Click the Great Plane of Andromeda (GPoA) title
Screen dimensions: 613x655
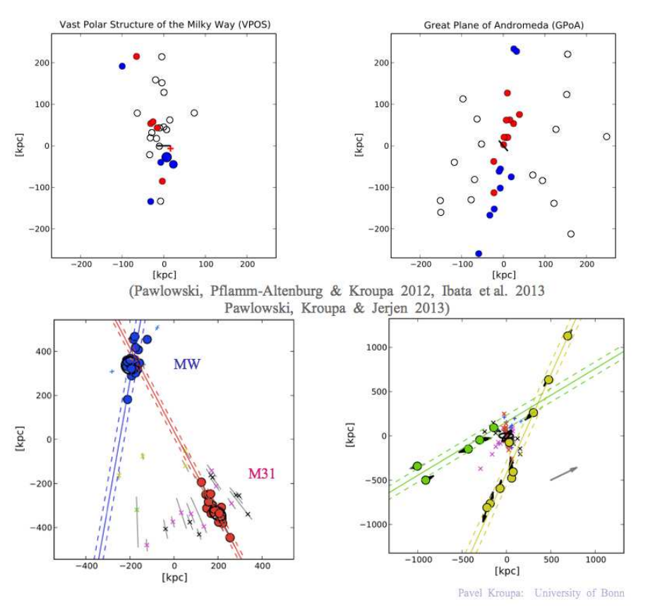point(503,25)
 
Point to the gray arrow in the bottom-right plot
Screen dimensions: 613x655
point(564,473)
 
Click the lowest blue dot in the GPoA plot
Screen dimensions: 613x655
point(479,253)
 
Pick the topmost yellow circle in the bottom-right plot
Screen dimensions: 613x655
point(567,336)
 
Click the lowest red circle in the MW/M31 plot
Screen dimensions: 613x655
point(230,538)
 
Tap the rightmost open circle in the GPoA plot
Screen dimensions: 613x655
point(606,137)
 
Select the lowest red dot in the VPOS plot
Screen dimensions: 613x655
point(162,181)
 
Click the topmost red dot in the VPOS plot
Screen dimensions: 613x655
point(137,56)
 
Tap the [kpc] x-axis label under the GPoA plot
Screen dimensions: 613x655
point(503,275)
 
